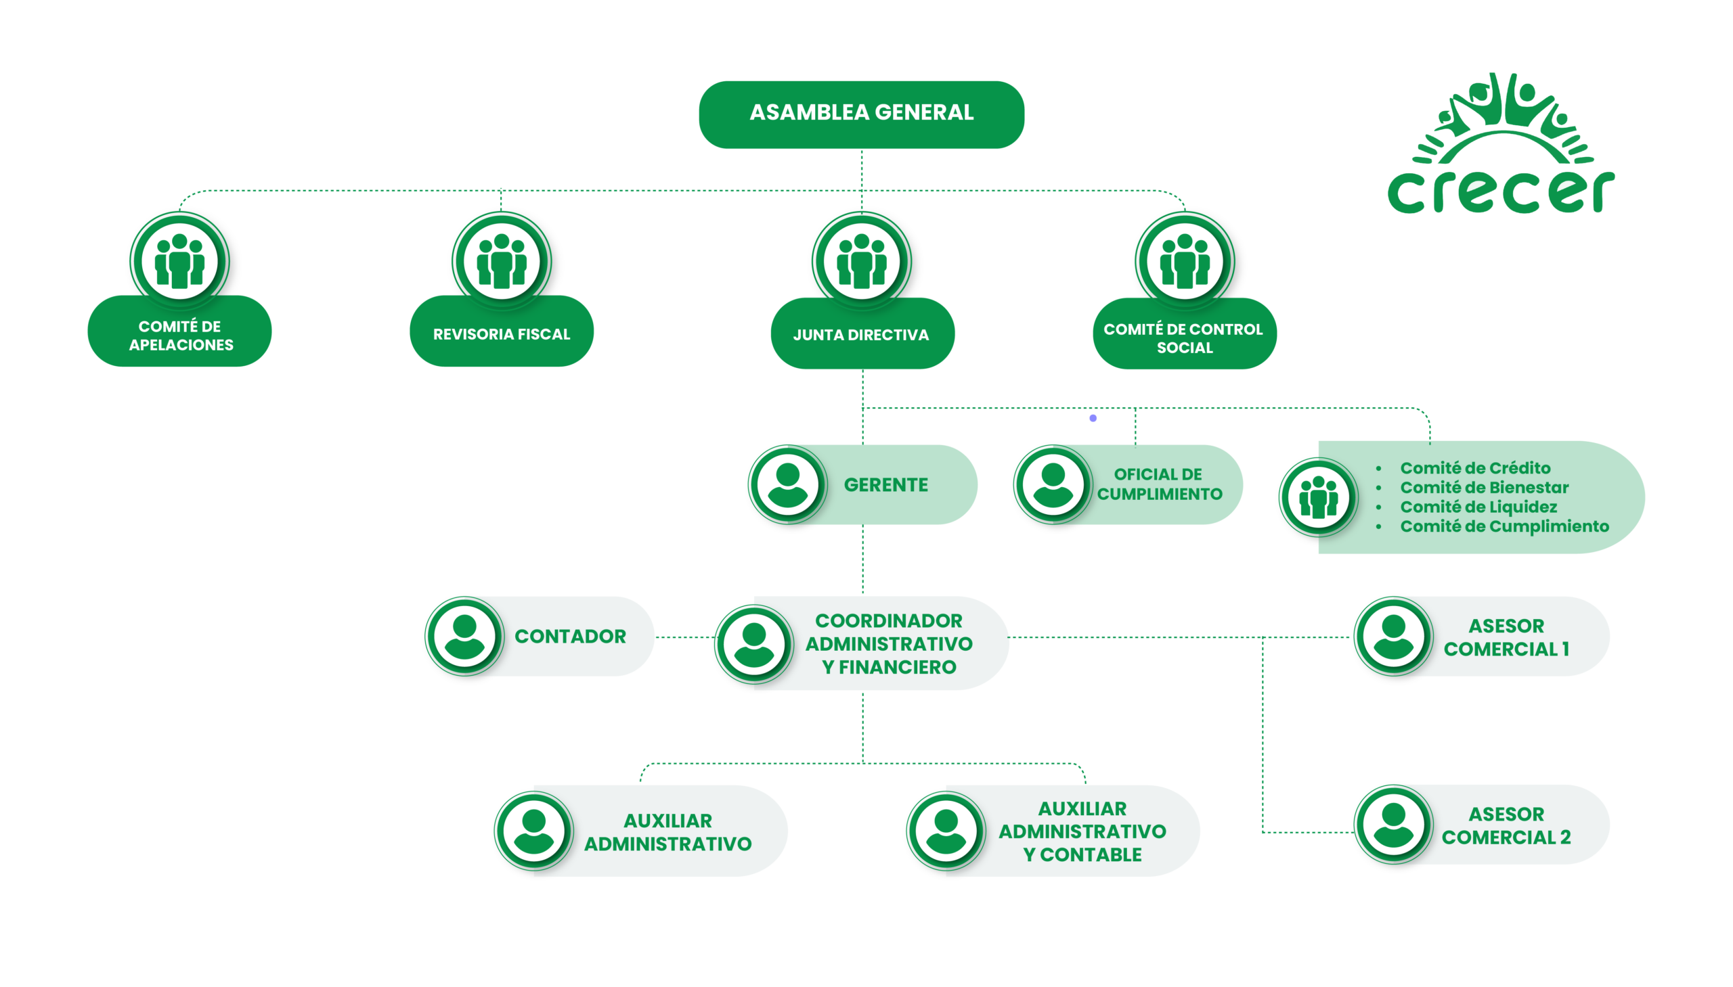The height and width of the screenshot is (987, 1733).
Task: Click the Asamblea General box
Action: tap(861, 114)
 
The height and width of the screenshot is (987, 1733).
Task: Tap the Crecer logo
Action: tap(1501, 145)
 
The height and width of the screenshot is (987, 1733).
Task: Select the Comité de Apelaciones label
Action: tap(181, 335)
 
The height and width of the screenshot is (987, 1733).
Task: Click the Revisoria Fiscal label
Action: tap(501, 334)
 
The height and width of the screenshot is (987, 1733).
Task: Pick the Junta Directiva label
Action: tap(861, 335)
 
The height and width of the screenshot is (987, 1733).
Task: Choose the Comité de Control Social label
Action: tap(1183, 338)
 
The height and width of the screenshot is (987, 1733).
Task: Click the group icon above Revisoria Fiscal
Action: tap(501, 262)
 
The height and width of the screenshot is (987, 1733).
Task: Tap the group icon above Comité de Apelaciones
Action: tap(180, 262)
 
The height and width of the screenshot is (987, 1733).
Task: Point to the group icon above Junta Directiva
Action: tap(861, 262)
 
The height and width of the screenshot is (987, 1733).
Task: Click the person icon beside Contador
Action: tap(464, 636)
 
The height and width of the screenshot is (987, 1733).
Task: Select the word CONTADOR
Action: tap(570, 637)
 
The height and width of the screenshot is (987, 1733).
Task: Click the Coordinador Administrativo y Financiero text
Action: tap(889, 643)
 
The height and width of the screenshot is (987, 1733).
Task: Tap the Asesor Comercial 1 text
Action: tap(1506, 637)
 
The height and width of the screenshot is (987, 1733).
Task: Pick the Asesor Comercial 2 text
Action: tap(1506, 826)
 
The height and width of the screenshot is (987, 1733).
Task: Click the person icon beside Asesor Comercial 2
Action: tap(1393, 825)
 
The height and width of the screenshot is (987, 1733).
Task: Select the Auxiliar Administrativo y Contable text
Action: tap(1082, 831)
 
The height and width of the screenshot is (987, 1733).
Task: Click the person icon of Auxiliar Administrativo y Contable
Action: tap(946, 831)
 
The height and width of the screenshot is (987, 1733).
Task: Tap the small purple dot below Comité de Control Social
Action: tap(1093, 418)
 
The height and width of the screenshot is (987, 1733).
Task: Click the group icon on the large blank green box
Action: tap(1318, 498)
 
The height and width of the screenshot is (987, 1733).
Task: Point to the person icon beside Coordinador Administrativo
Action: tap(753, 644)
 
